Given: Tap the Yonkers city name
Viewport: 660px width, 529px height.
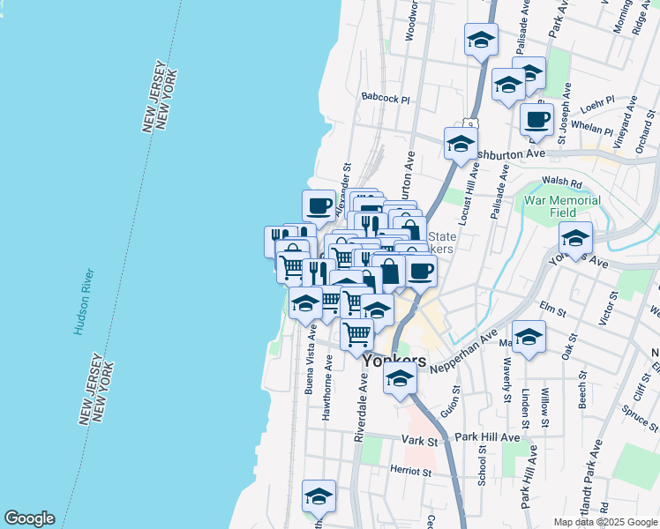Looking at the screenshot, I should (394, 361).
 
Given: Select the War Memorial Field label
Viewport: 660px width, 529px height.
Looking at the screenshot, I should (562, 206).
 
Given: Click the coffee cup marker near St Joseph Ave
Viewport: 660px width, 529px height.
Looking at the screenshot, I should (536, 118).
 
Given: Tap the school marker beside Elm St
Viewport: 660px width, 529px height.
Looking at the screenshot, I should (529, 337).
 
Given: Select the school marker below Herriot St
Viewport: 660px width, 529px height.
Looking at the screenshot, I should (319, 495).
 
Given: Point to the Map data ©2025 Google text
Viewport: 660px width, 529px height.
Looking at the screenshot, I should (604, 522).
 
